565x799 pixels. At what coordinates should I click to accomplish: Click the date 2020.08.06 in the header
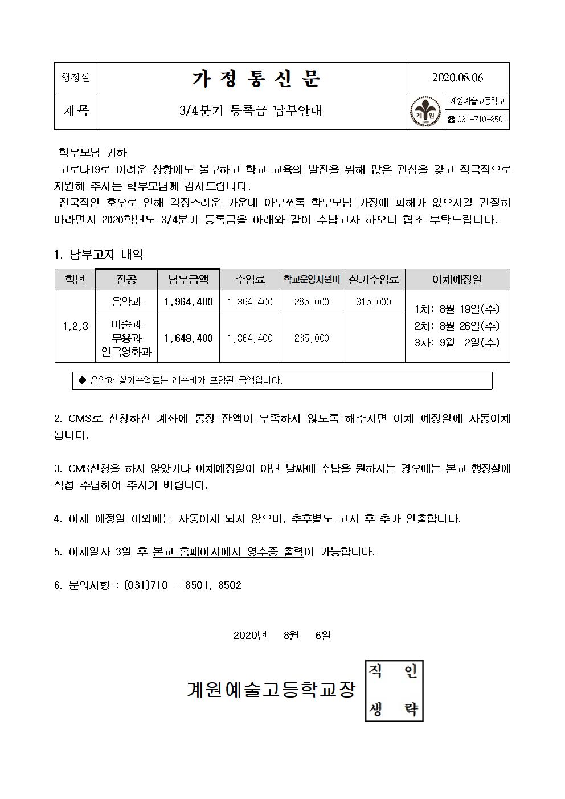(x=457, y=78)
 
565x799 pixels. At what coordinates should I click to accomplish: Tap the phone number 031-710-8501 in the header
(x=477, y=120)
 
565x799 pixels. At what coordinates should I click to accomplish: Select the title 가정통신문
(x=256, y=79)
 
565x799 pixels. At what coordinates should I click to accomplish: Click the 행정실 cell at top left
(x=75, y=78)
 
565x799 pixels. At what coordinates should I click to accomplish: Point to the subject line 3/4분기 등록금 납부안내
(x=251, y=111)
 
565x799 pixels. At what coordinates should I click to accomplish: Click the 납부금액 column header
(x=189, y=280)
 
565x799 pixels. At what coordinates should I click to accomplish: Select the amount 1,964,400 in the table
(x=189, y=302)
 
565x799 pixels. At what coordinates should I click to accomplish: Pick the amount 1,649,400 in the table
(x=189, y=338)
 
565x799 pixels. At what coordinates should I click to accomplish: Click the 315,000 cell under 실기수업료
(x=373, y=302)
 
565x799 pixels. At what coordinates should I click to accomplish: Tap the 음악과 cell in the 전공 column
(x=126, y=302)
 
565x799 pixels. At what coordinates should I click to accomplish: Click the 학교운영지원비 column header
(x=312, y=280)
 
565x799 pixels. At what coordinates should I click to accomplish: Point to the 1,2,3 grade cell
(x=75, y=326)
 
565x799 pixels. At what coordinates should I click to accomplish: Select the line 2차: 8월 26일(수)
(x=457, y=326)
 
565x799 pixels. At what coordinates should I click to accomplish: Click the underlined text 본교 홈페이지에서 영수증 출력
(x=228, y=552)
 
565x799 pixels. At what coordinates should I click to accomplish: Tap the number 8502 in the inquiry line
(x=230, y=585)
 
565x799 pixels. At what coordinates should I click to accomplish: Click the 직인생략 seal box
(x=394, y=691)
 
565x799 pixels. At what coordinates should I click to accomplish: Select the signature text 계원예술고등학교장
(x=271, y=690)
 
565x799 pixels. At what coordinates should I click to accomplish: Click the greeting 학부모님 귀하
(x=93, y=153)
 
